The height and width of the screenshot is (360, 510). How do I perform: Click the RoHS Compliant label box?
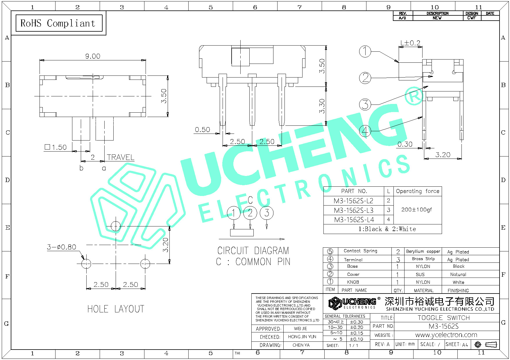tap(59, 23)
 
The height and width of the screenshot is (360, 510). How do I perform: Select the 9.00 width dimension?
tap(93, 56)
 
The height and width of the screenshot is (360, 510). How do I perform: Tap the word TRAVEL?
tap(121, 157)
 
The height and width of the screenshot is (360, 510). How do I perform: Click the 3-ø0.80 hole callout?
tap(61, 247)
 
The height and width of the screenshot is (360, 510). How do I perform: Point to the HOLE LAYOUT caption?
tap(116, 309)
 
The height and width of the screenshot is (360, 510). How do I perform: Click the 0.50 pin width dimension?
tap(202, 130)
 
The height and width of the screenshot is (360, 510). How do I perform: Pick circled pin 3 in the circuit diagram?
tap(267, 213)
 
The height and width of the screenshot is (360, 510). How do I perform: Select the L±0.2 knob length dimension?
tap(410, 43)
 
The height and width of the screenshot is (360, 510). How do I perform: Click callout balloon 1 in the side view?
tap(365, 52)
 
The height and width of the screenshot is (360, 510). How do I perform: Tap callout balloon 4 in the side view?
tap(365, 131)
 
